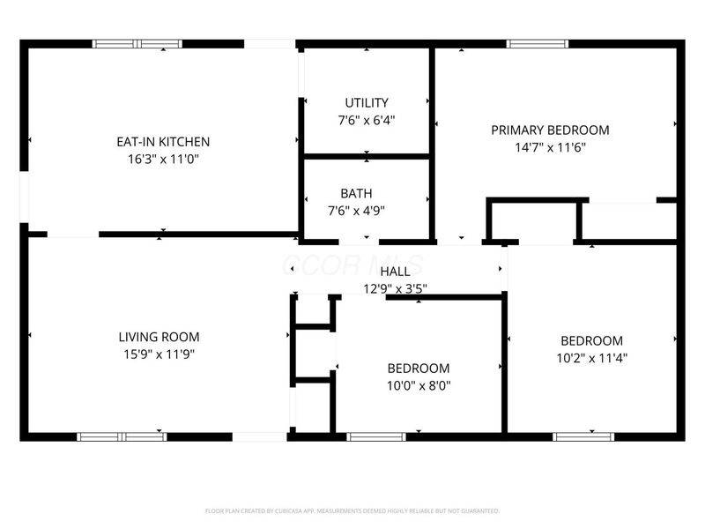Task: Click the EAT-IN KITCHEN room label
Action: coord(163,141)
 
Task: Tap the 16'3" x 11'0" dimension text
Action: coord(163,160)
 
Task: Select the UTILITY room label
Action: coord(367,103)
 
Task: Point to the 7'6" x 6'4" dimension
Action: coord(367,121)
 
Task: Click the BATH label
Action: coord(356,193)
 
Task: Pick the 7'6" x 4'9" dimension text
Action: coord(356,211)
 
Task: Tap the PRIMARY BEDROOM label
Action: coord(550,130)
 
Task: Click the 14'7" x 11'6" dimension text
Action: coord(550,147)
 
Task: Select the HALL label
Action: coord(395,272)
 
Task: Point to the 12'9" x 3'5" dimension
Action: coord(395,287)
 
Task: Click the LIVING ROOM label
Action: coord(159,336)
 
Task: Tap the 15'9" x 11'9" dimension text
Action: coord(159,354)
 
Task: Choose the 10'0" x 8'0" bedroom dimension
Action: coord(419,385)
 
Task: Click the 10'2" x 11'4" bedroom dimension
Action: coord(591,358)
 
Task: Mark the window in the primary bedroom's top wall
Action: coord(538,43)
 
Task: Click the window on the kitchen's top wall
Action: coord(137,43)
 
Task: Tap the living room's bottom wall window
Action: coord(122,436)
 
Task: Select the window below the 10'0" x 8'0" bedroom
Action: coord(376,436)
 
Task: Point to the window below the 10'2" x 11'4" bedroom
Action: coord(583,436)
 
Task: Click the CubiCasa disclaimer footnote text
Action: coord(352,510)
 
